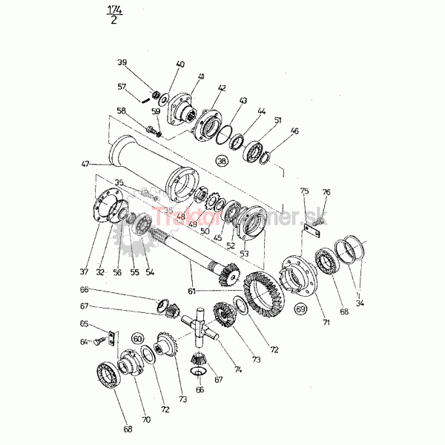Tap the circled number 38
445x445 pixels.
(x=221, y=161)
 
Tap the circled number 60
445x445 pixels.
(x=137, y=339)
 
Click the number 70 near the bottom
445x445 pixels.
(x=146, y=420)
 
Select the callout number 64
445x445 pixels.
(x=85, y=342)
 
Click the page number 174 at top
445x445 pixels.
(x=115, y=10)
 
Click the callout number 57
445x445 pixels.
(x=122, y=86)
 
